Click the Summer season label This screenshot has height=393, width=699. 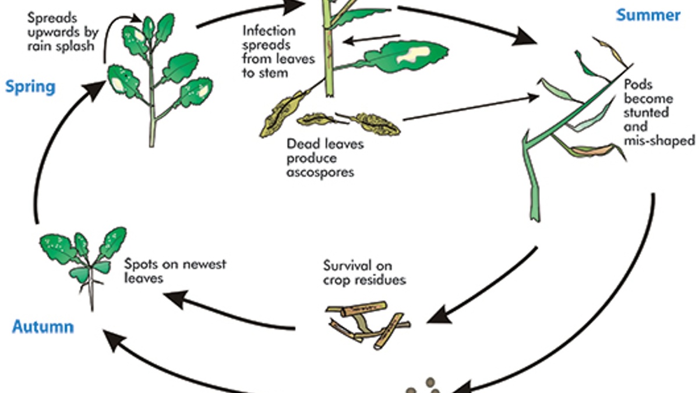648,15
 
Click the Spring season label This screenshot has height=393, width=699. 30,87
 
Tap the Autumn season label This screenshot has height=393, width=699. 43,326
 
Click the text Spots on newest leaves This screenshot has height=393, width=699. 175,271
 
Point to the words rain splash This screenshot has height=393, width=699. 61,46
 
